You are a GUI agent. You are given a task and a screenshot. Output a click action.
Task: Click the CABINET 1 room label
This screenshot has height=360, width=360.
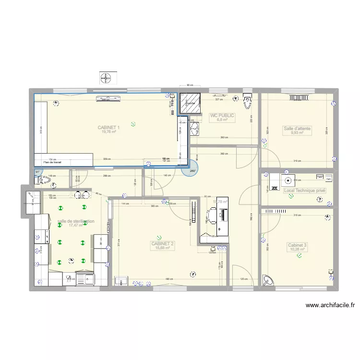(108, 127)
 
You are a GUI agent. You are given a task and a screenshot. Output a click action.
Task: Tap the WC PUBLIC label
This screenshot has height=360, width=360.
(222, 116)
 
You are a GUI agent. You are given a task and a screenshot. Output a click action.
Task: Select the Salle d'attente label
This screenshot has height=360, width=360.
(297, 129)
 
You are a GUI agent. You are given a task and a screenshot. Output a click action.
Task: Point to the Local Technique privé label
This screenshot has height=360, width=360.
(304, 191)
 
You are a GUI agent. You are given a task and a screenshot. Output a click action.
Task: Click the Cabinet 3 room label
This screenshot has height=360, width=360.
(297, 245)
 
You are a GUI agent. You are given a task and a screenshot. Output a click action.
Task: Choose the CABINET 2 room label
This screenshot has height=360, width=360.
(163, 244)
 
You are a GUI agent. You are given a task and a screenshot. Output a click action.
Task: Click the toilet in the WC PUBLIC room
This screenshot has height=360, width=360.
(248, 101)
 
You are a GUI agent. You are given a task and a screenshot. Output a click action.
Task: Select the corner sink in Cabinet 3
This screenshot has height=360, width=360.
(267, 280)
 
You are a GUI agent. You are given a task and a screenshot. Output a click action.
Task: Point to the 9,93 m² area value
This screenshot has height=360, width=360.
(297, 133)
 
